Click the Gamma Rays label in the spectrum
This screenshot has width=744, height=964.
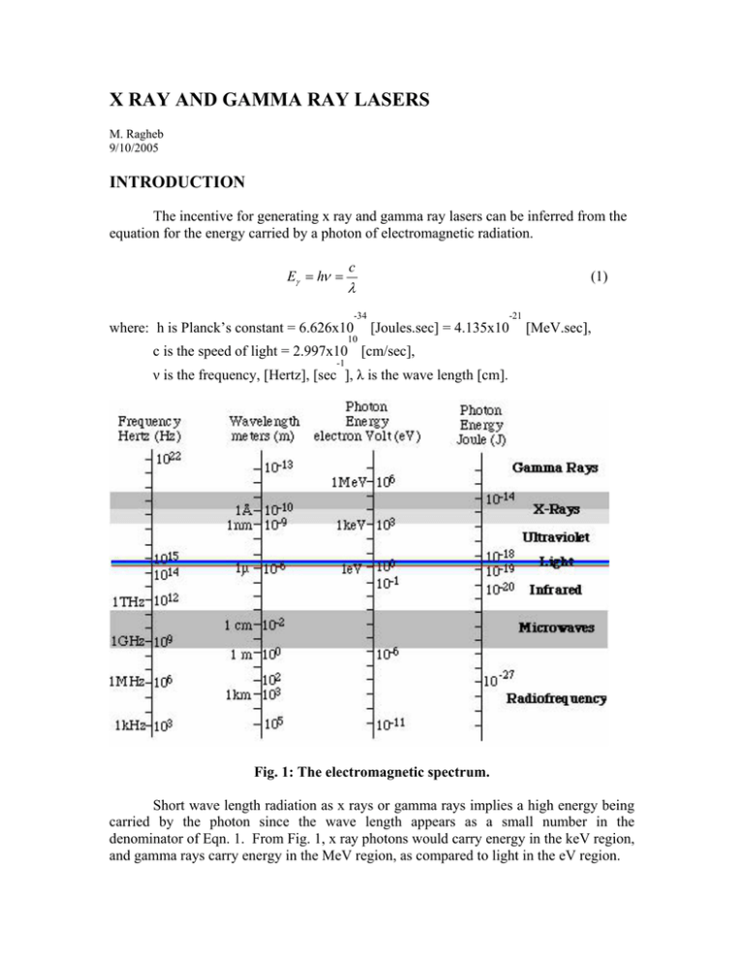coord(555,466)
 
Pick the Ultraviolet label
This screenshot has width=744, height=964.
coord(557,535)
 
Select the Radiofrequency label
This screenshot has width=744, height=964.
coord(554,697)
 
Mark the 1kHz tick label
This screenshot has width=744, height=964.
coord(134,724)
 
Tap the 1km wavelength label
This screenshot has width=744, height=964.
coord(238,695)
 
